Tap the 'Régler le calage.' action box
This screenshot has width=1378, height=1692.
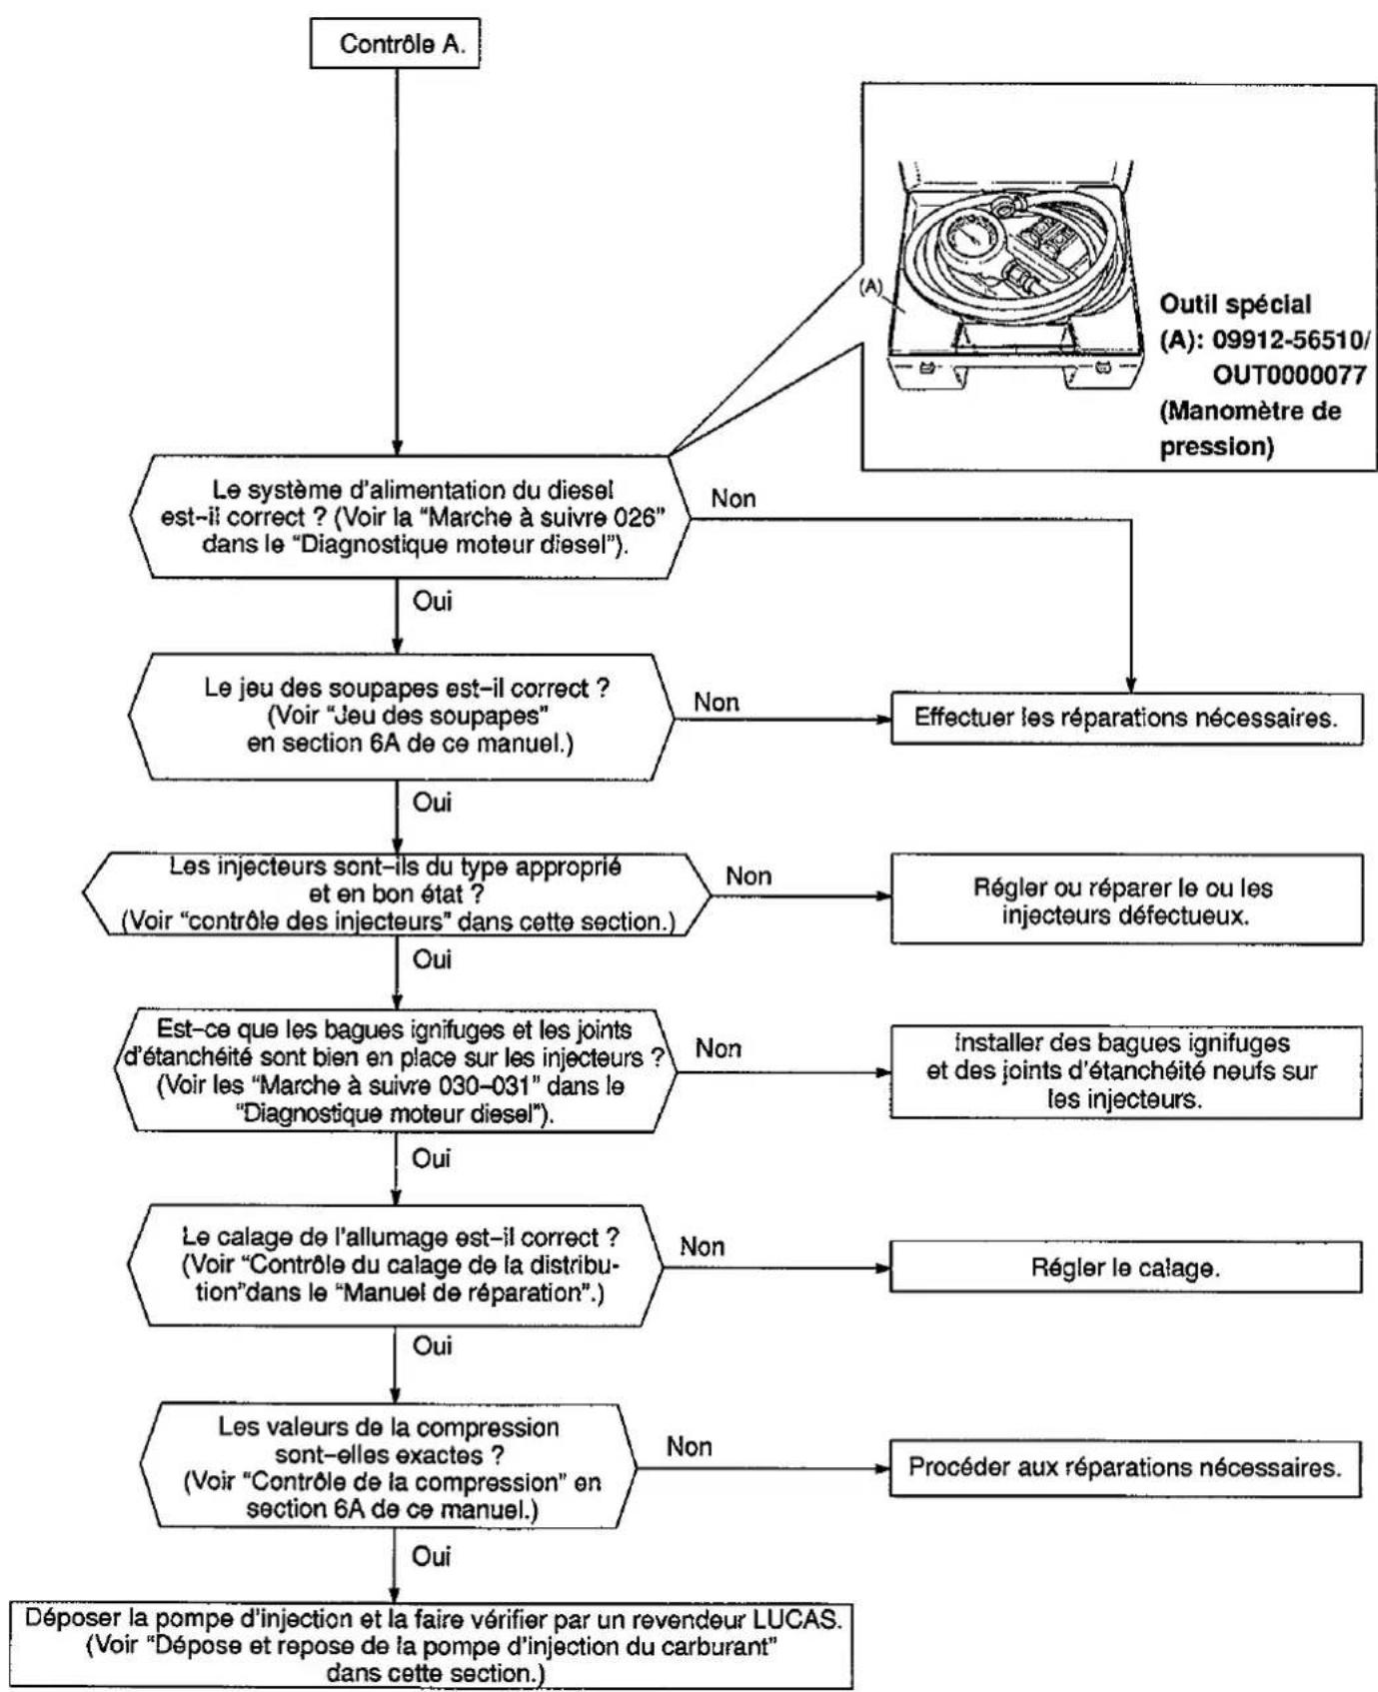[1126, 1267]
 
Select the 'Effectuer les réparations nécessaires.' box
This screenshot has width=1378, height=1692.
[1126, 718]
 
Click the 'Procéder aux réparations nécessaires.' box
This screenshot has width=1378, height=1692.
[1125, 1468]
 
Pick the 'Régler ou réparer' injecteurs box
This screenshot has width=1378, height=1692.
[1126, 899]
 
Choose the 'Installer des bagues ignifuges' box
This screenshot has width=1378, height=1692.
[1126, 1071]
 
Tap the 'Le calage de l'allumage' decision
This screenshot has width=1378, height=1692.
[396, 1265]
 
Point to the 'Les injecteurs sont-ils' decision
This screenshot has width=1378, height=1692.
[396, 893]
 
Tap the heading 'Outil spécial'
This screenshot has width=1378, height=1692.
[1235, 304]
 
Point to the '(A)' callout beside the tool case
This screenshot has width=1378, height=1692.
[871, 286]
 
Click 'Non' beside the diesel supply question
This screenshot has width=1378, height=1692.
[733, 498]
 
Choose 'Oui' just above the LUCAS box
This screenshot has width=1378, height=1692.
[432, 1556]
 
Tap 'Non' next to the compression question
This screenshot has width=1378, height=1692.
[689, 1447]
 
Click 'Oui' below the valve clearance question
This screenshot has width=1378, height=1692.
[432, 803]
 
